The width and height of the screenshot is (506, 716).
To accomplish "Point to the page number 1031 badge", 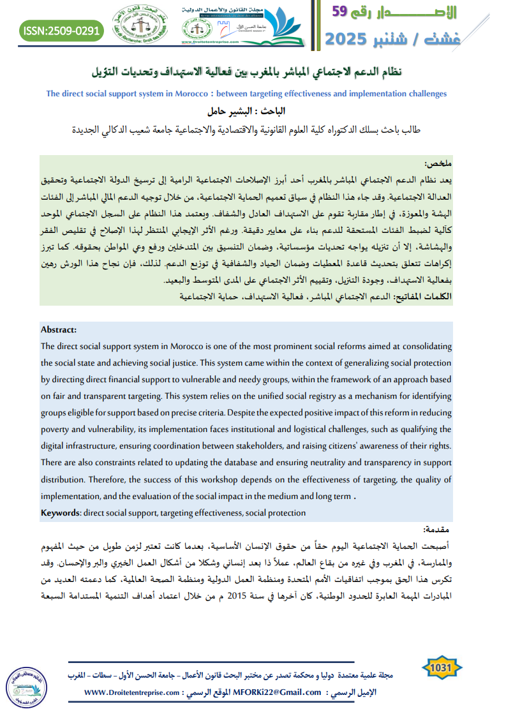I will [442, 668].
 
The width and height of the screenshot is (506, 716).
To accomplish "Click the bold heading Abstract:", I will [58, 329].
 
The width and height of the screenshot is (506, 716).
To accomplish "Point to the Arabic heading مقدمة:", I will [437, 530].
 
